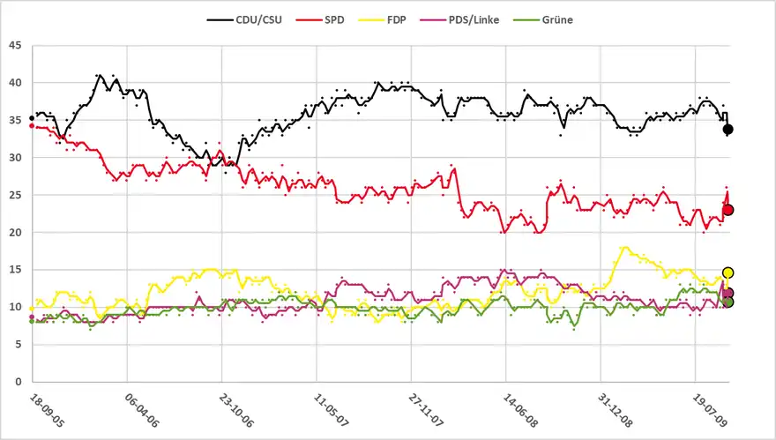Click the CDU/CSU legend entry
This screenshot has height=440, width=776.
coord(246,19)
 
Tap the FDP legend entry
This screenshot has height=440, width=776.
coord(407,19)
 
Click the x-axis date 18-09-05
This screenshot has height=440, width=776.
coord(46,411)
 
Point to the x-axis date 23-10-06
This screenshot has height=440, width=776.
coord(236,411)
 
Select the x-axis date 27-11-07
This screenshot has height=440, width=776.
coord(426,411)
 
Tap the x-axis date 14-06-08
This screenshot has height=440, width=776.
coord(520,411)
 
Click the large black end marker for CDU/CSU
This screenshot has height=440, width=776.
coord(728,130)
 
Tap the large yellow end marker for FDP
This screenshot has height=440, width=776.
coord(728,273)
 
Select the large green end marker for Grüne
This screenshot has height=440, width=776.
coord(728,302)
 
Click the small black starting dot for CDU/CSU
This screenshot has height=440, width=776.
coord(32,118)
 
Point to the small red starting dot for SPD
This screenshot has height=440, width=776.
coord(32,126)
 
